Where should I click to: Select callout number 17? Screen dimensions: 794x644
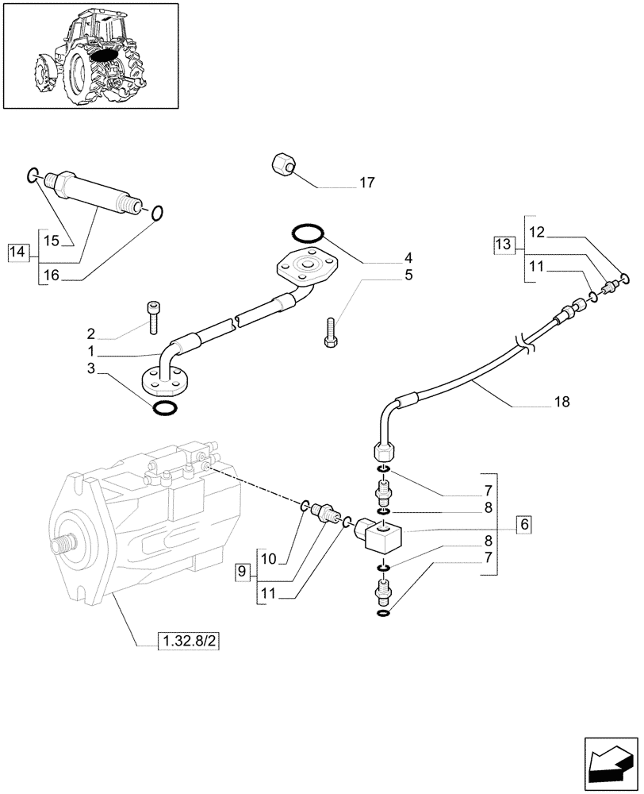(x=366, y=183)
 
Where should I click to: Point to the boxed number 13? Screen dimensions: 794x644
(x=503, y=245)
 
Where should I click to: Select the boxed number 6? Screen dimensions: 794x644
(x=523, y=525)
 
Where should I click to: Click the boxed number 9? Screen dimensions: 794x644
(x=244, y=571)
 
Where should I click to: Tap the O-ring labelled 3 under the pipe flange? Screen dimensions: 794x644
(x=164, y=408)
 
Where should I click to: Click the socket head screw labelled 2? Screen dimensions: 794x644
(x=153, y=318)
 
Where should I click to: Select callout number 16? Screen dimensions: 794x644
(x=51, y=275)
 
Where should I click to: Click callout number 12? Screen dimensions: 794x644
(x=537, y=233)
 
